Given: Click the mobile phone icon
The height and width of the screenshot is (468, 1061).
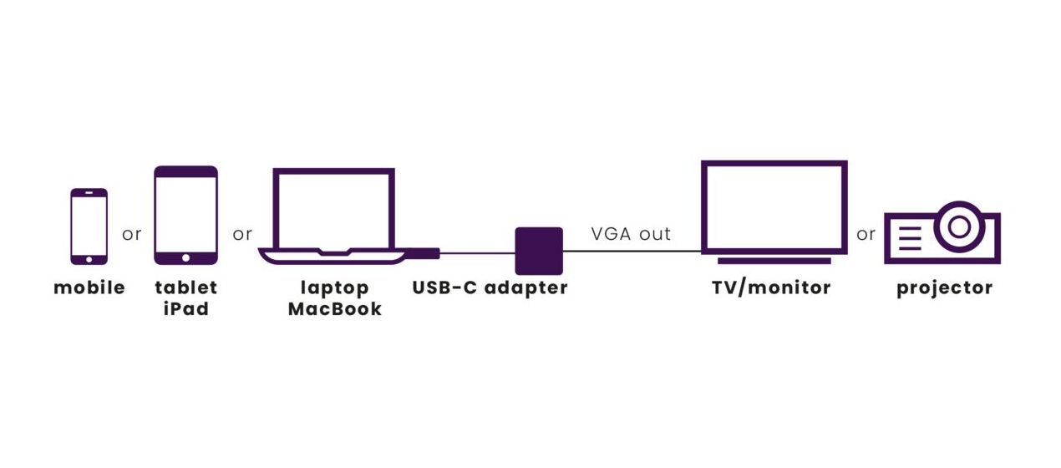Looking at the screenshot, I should point(89,226).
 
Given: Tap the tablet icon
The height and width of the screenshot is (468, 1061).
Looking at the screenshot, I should point(185,216).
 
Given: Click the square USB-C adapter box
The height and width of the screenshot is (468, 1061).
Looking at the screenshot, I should point(539,251).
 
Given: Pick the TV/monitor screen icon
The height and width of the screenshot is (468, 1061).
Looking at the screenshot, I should point(774,208).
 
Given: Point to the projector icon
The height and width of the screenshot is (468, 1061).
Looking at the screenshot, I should point(942,233).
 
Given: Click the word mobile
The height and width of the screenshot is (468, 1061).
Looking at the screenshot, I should point(89,288).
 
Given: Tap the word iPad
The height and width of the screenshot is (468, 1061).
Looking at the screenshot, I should point(185,309).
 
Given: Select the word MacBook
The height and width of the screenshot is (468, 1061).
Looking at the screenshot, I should point(334,309).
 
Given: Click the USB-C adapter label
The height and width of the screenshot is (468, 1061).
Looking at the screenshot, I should point(490,288).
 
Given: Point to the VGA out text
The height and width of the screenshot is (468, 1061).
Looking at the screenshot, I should point(631,234).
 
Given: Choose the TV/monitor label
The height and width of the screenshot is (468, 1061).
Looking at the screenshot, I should point(771,288).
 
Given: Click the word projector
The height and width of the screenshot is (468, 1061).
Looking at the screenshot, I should point(944,288).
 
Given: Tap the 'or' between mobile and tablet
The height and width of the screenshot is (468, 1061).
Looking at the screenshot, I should point(132,235).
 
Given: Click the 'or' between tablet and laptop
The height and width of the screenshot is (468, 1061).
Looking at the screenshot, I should point(242,235).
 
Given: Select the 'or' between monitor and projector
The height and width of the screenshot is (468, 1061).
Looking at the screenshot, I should point(866,235).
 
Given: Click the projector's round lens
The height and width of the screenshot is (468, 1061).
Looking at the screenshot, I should point(960,226).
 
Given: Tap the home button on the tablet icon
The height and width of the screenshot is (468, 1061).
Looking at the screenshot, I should point(185,257).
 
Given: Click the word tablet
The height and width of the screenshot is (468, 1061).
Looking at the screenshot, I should point(185,288).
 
